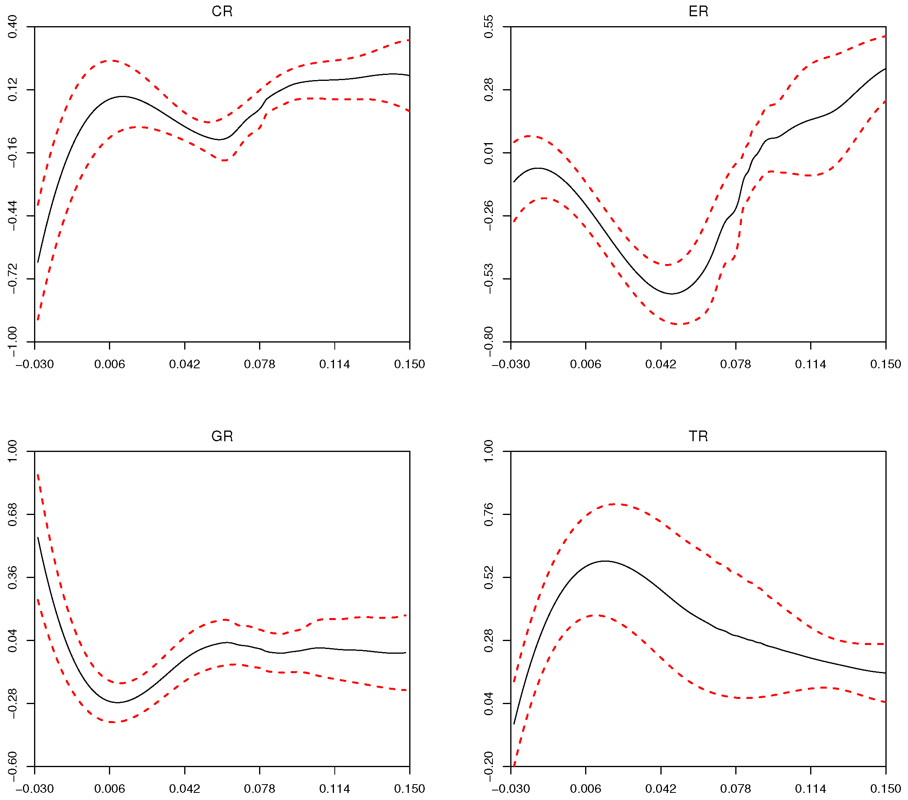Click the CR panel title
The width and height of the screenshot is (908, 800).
pyautogui.click(x=222, y=11)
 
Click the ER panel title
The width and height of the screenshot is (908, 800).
pyautogui.click(x=698, y=11)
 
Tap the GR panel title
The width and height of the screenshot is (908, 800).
pyautogui.click(x=222, y=436)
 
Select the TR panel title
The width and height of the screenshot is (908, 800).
pyautogui.click(x=698, y=436)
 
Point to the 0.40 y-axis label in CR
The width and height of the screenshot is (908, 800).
pyautogui.click(x=12, y=27)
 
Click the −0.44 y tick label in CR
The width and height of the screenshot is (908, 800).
pyautogui.click(x=12, y=216)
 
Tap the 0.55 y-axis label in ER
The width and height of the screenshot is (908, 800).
pyautogui.click(x=488, y=27)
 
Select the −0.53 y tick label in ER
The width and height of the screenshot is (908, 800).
pyautogui.click(x=488, y=279)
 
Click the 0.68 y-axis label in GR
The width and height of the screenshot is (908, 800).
pyautogui.click(x=12, y=514)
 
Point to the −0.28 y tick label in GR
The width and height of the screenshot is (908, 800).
pyautogui.click(x=12, y=704)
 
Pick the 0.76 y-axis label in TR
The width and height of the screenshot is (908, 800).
pyautogui.click(x=488, y=514)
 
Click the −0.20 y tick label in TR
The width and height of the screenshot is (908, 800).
pyautogui.click(x=488, y=767)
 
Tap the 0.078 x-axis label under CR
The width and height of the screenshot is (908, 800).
pyautogui.click(x=259, y=364)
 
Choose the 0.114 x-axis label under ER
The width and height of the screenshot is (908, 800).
pyautogui.click(x=810, y=364)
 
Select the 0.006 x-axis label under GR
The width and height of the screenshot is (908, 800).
pyautogui.click(x=109, y=789)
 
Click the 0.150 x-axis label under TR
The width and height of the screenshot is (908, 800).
pyautogui.click(x=885, y=789)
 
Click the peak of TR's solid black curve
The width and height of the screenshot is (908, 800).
pyautogui.click(x=605, y=561)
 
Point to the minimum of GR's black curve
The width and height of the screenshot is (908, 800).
pyautogui.click(x=117, y=702)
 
